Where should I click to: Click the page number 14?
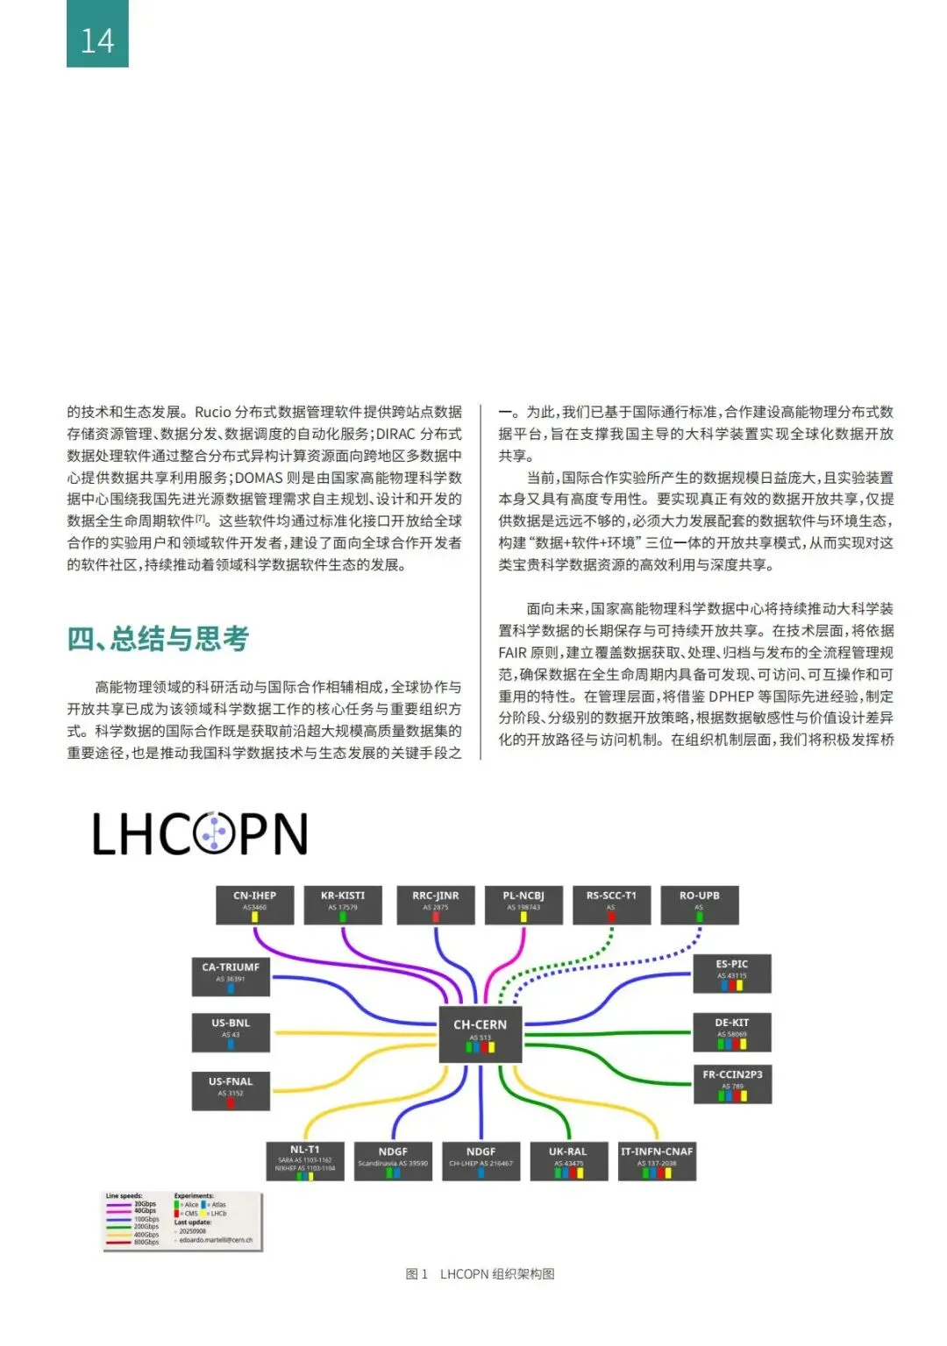[x=97, y=40]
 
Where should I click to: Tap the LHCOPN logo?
[x=200, y=833]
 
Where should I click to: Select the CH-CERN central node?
[x=481, y=1034]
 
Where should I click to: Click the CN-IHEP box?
[x=254, y=904]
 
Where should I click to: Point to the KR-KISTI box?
[x=343, y=904]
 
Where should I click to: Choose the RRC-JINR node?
[x=436, y=904]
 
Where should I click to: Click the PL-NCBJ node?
[x=523, y=904]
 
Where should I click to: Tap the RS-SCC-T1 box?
[x=611, y=904]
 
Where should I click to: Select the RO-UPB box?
[x=699, y=904]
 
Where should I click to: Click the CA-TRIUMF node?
[x=231, y=975]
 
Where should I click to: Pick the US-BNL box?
[x=231, y=1031]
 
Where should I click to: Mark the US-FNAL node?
[x=231, y=1090]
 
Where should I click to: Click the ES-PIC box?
[x=732, y=973]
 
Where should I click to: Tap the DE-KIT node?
[x=732, y=1031]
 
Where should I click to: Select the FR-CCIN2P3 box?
[x=732, y=1083]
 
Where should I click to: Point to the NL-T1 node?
[x=305, y=1160]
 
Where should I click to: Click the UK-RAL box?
[x=568, y=1160]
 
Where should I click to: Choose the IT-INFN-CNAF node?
[x=657, y=1160]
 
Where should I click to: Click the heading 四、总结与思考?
[x=158, y=638]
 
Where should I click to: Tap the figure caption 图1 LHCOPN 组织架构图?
[x=480, y=1273]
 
